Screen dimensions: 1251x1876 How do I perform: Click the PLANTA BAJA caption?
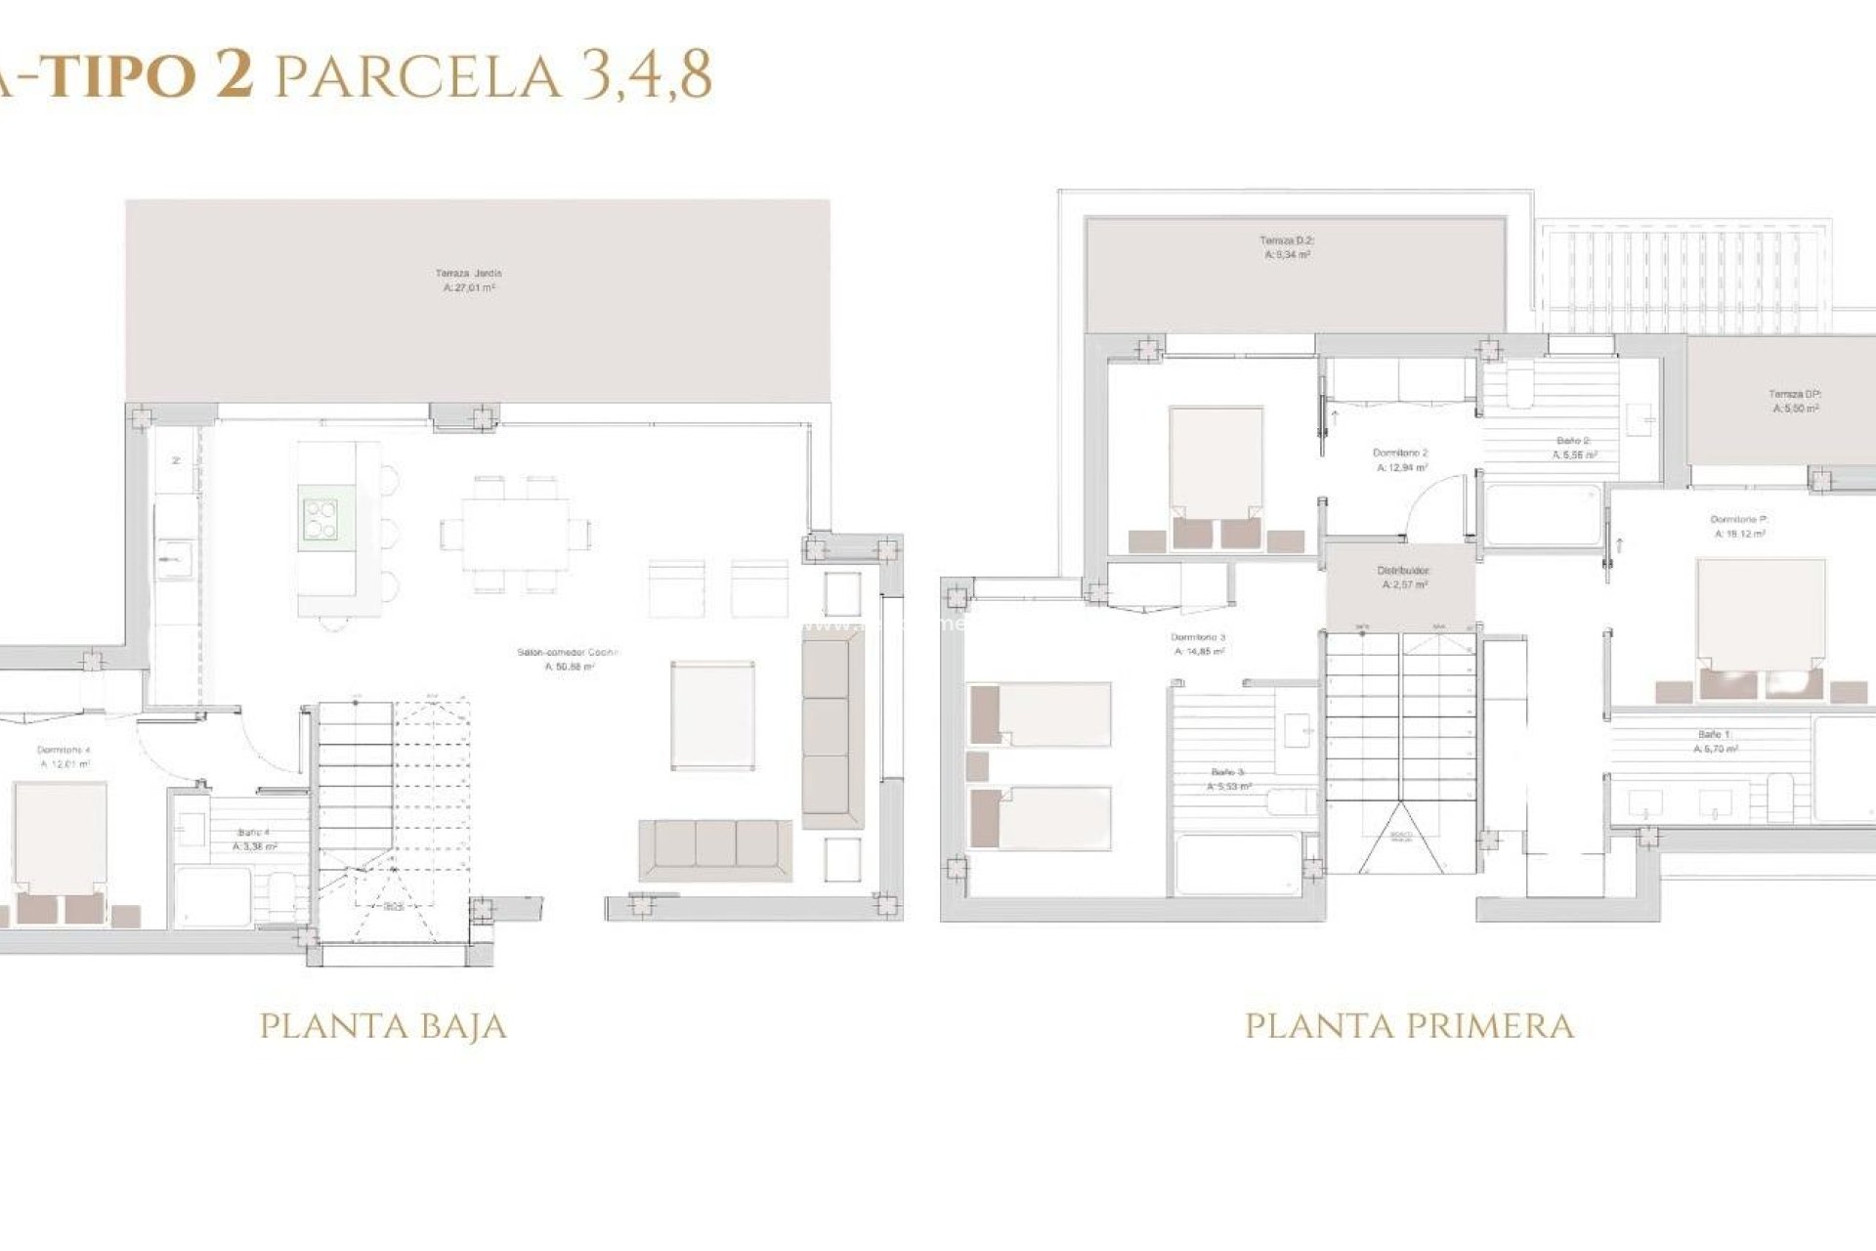click(383, 1025)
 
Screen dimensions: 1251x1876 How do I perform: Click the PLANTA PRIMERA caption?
click(1409, 1025)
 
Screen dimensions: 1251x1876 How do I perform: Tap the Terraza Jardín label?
click(469, 280)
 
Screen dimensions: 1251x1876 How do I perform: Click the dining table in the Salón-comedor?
click(515, 534)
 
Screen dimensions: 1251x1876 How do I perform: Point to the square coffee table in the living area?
click(712, 714)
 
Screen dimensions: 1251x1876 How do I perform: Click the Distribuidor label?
click(1404, 577)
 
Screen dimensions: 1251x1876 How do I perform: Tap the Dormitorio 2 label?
click(1400, 460)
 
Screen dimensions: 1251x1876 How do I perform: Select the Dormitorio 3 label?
click(1198, 644)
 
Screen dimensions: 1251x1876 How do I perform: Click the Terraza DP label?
click(1795, 402)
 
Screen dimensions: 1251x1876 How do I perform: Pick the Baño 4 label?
click(253, 840)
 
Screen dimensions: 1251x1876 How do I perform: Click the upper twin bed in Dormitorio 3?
click(1040, 714)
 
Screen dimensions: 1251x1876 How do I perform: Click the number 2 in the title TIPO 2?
click(234, 74)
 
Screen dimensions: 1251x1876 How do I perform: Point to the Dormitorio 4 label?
click(64, 757)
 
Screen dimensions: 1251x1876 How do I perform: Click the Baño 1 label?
click(1715, 741)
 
